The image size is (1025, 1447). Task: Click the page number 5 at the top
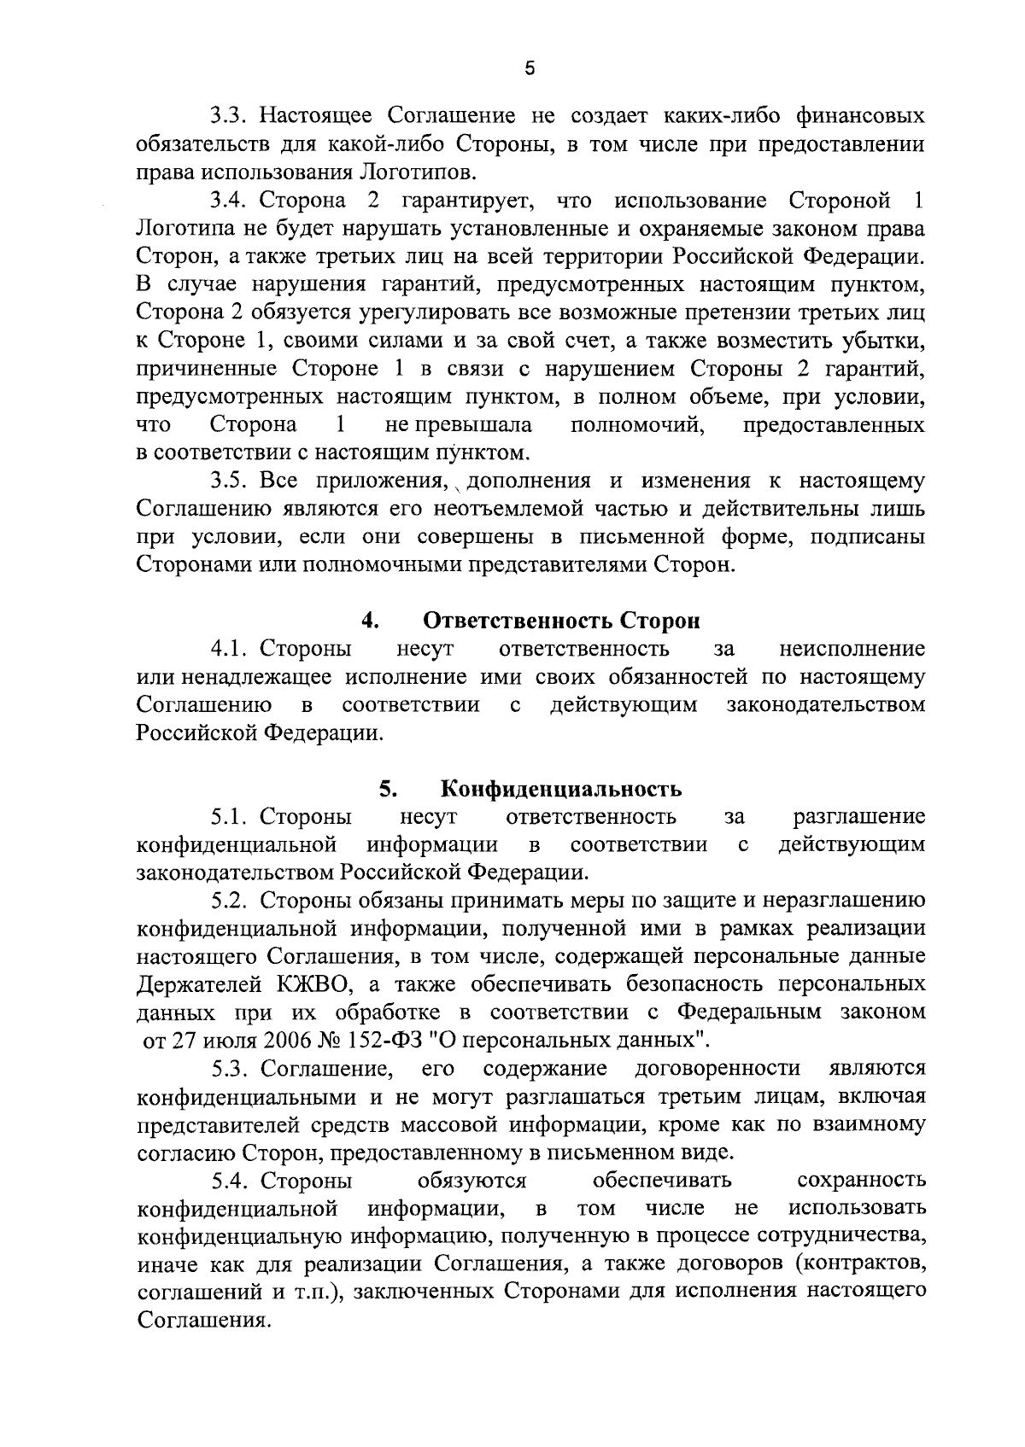point(530,69)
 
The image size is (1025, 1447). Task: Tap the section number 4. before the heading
point(370,621)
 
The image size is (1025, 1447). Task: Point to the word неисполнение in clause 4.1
point(852,649)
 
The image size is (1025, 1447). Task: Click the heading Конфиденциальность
point(561,789)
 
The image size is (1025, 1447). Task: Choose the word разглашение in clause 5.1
point(859,817)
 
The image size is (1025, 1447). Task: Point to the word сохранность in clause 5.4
point(860,1181)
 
